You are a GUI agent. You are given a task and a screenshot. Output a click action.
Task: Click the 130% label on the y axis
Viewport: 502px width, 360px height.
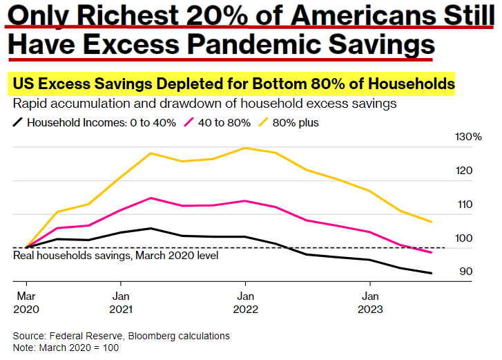pyautogui.click(x=468, y=137)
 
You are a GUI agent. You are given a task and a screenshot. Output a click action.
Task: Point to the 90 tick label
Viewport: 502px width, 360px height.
pyautogui.click(x=466, y=272)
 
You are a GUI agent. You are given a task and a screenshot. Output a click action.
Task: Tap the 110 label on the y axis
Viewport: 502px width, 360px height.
pyautogui.click(x=466, y=205)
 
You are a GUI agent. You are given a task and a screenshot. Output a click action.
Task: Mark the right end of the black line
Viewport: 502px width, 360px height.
pyautogui.click(x=432, y=273)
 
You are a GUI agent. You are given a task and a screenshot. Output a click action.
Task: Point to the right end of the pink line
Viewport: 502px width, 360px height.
pyautogui.click(x=432, y=252)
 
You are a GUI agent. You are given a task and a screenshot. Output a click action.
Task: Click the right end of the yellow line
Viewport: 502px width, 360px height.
pyautogui.click(x=432, y=222)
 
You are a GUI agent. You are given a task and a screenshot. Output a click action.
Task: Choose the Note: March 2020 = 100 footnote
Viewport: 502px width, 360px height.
pyautogui.click(x=66, y=347)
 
